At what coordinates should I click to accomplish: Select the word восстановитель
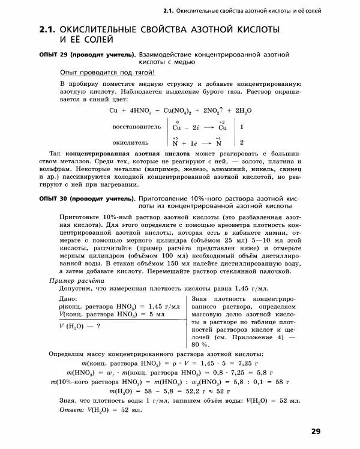[136, 127]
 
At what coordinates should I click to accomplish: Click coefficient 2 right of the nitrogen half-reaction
[241, 143]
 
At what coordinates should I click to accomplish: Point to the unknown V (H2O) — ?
[79, 327]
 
